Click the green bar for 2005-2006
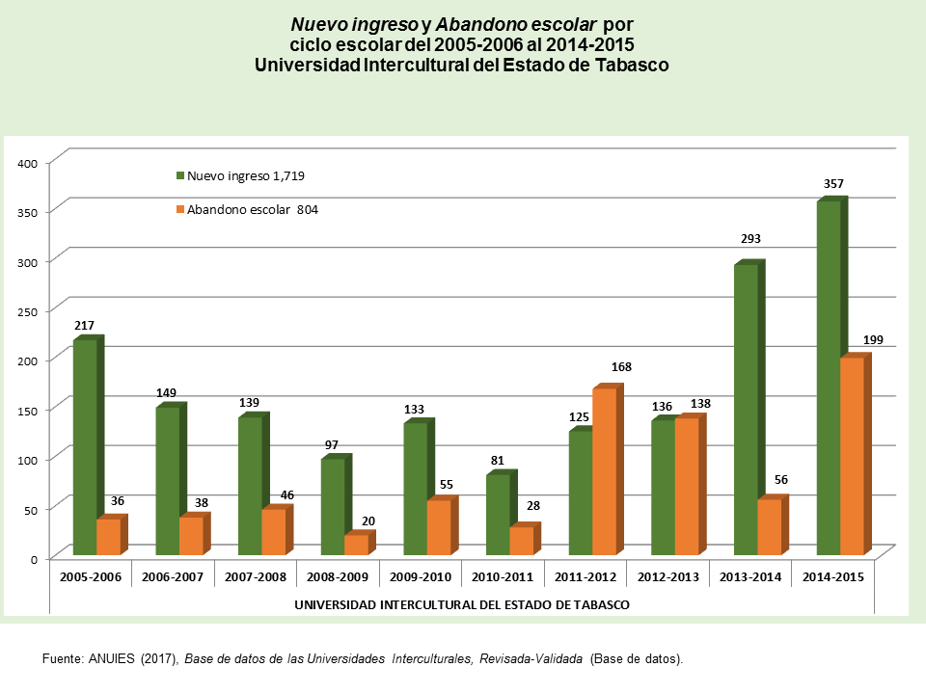pyautogui.click(x=85, y=447)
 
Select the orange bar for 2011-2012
pyautogui.click(x=604, y=471)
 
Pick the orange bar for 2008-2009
pyautogui.click(x=356, y=545)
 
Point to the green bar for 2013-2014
pyautogui.click(x=746, y=410)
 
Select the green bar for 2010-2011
pyautogui.click(x=498, y=515)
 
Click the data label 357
pyautogui.click(x=832, y=183)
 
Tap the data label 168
pyautogui.click(x=621, y=367)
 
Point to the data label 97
pyautogui.click(x=332, y=444)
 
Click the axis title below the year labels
pyautogui.click(x=461, y=604)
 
